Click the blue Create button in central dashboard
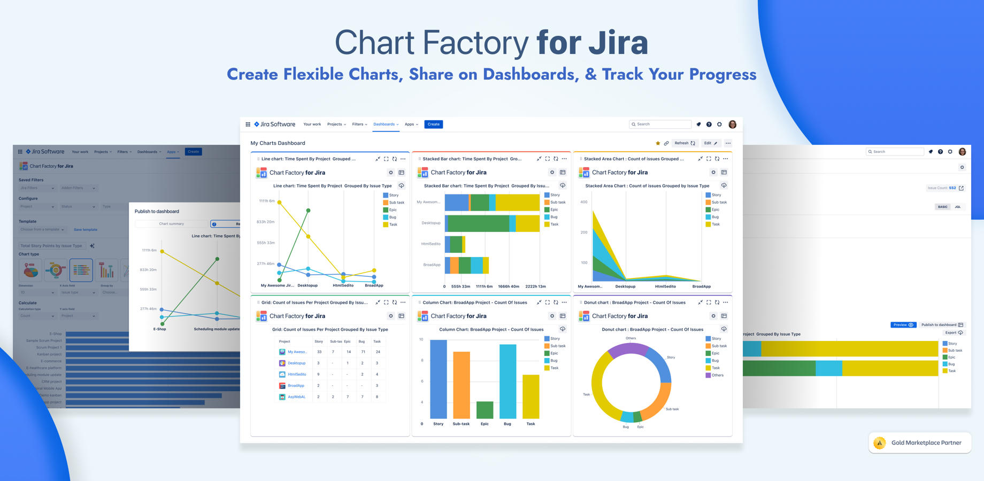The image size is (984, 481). click(x=433, y=125)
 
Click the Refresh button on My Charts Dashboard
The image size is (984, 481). click(x=685, y=143)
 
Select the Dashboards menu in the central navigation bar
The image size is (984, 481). click(x=386, y=125)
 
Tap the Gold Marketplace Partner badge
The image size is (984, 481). click(x=920, y=443)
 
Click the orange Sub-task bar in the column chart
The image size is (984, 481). click(x=461, y=385)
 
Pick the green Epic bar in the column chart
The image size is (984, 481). click(x=485, y=410)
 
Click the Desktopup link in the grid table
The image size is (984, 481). click(x=297, y=363)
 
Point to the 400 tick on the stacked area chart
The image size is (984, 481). click(x=583, y=202)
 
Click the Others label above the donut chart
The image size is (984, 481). click(x=631, y=338)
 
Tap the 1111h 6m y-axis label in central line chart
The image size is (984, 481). click(x=266, y=201)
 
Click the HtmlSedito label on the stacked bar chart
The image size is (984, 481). click(x=430, y=244)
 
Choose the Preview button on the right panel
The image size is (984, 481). click(x=903, y=325)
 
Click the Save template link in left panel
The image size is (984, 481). click(x=86, y=230)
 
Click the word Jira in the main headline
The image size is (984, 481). click(x=618, y=43)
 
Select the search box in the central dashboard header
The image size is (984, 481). click(x=660, y=125)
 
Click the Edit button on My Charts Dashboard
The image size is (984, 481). click(x=710, y=143)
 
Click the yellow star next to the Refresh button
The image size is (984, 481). click(x=658, y=143)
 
